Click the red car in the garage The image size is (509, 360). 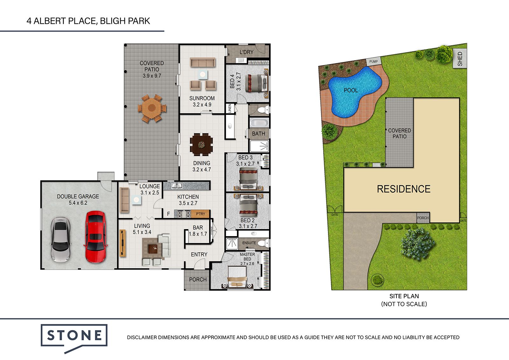coord(95,237)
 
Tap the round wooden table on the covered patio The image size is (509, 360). coord(152,109)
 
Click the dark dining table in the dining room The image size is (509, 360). coord(201,145)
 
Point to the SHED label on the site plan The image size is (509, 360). coord(460,59)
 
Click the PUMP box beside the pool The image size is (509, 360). coord(373,61)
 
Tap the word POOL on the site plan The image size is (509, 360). coord(351,90)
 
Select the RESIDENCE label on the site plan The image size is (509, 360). coord(404,189)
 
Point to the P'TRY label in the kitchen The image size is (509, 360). coord(200,214)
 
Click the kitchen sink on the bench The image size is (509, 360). coord(177,186)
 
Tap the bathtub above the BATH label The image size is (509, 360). coord(259,123)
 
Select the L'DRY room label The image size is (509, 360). coord(246,52)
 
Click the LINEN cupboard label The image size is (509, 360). coord(229,108)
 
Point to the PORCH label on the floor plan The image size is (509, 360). coord(198,279)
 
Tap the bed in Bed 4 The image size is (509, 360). coord(256,83)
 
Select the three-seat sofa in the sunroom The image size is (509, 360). coord(203,62)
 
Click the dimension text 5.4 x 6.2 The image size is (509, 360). coord(78,203)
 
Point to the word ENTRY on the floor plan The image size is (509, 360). coord(199,254)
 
